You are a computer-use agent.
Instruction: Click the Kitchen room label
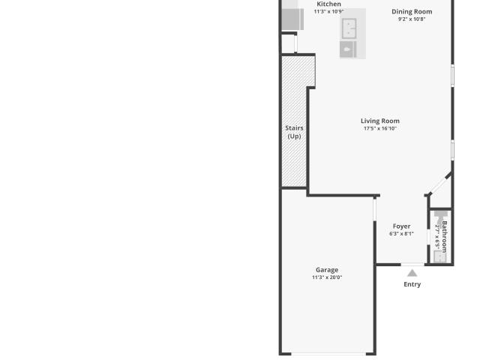[328, 4]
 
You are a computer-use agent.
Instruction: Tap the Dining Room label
[412, 12]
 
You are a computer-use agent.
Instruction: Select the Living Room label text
[380, 121]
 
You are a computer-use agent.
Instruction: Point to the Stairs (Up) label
[294, 132]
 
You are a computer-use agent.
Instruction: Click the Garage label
[327, 270]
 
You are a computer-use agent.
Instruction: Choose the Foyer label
[401, 226]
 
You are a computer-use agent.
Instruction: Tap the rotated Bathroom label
[445, 235]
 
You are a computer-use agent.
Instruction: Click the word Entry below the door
[412, 284]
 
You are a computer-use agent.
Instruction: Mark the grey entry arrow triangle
[412, 273]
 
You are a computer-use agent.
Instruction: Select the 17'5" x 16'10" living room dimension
[380, 128]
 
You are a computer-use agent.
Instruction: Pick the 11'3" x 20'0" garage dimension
[327, 277]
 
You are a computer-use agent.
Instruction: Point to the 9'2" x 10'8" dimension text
[412, 19]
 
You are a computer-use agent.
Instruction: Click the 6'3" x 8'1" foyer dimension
[401, 234]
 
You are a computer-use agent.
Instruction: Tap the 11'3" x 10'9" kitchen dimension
[328, 12]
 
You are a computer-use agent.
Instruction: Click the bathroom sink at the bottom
[441, 256]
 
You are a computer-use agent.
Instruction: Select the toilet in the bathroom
[441, 218]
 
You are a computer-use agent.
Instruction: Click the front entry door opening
[412, 264]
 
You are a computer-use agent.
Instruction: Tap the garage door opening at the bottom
[328, 354]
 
